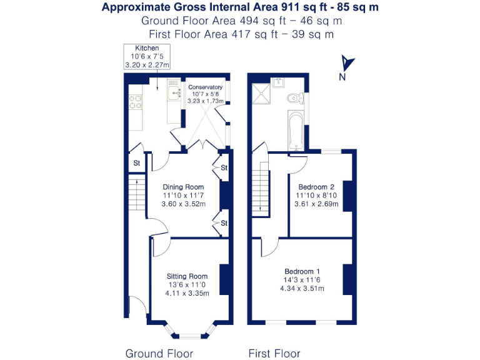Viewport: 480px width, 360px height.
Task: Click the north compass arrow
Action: [347, 64]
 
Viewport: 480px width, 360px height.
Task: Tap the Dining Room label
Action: [183, 187]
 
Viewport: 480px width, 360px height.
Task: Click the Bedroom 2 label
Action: [316, 187]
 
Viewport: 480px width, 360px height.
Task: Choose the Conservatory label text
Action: [205, 87]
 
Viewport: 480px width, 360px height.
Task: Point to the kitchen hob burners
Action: [135, 102]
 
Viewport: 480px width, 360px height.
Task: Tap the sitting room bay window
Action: [190, 329]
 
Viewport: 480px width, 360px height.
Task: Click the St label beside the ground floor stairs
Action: [136, 163]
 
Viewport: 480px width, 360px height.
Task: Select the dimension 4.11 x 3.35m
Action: [187, 292]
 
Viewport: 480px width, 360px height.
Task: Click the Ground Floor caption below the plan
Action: [159, 353]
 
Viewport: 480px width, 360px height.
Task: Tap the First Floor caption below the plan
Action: [274, 353]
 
